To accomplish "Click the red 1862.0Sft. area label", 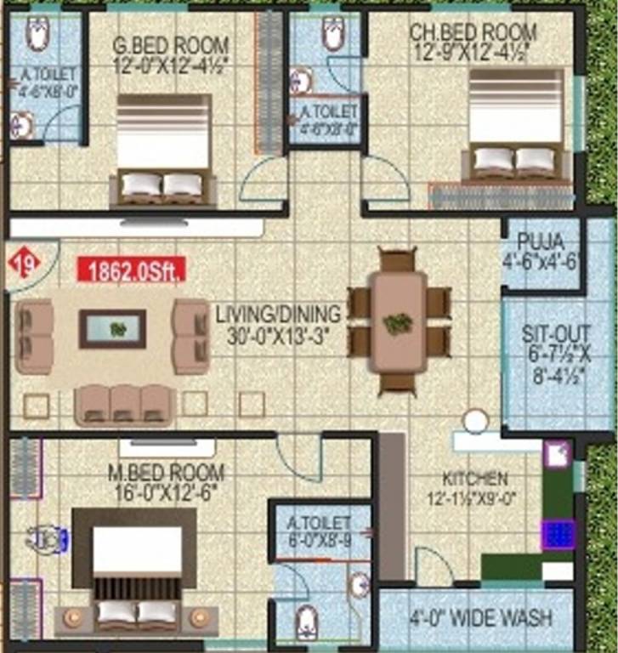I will [132, 270].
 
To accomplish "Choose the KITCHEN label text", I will [474, 478].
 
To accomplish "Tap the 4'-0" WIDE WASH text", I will [481, 618].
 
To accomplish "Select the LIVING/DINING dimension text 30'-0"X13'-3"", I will [277, 335].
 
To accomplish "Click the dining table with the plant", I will [398, 321].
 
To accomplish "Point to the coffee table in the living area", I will [112, 329].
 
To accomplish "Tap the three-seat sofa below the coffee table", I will [125, 405].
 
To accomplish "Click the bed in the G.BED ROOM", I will [163, 150].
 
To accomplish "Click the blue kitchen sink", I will [558, 535].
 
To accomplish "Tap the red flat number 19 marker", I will [24, 264].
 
